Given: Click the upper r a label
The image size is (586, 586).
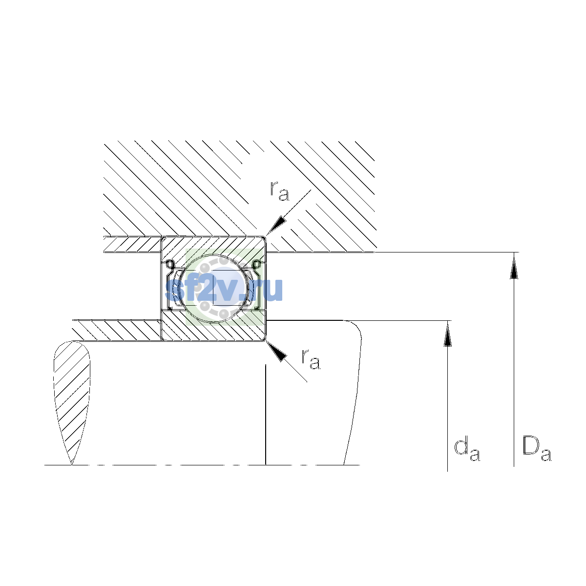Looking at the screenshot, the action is (x=279, y=191).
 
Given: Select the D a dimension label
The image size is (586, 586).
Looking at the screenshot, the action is (x=537, y=449).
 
